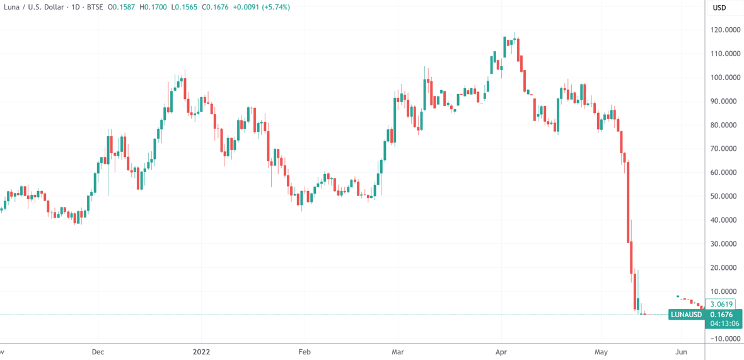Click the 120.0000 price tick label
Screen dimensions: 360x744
tap(725, 30)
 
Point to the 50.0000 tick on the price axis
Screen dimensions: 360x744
tap(725, 196)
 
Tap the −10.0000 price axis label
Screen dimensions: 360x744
tap(724, 339)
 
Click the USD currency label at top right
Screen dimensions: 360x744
tap(719, 8)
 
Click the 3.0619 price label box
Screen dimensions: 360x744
tap(720, 303)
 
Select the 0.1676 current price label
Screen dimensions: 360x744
tap(721, 315)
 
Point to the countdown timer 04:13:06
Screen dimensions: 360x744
tap(722, 324)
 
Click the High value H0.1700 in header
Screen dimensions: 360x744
tap(148, 8)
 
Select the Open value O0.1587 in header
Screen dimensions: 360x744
tap(120, 8)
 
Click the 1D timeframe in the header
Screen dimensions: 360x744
tap(72, 8)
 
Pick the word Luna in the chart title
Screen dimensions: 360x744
tap(13, 8)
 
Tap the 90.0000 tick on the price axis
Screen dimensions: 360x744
tap(725, 101)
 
